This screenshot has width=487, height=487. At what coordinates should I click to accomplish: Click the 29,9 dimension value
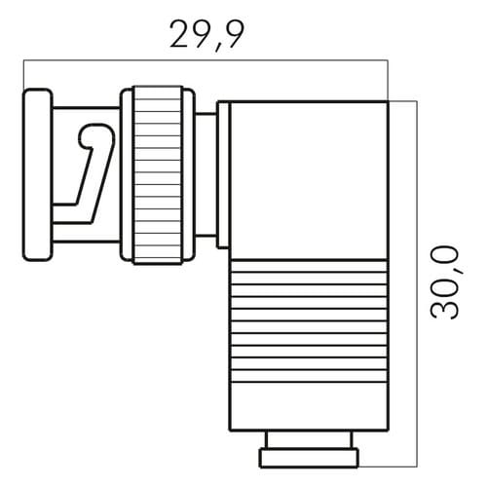pyautogui.click(x=206, y=35)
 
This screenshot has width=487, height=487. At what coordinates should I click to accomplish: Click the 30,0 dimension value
pyautogui.click(x=444, y=281)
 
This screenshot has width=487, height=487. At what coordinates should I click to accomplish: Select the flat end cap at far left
pyautogui.click(x=37, y=174)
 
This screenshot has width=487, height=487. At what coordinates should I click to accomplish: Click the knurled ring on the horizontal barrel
pyautogui.click(x=158, y=175)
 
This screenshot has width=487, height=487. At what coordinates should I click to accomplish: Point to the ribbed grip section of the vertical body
pyautogui.click(x=309, y=321)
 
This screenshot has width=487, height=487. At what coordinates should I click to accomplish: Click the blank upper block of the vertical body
pyautogui.click(x=309, y=181)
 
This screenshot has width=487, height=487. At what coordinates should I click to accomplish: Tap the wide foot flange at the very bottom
pyautogui.click(x=309, y=458)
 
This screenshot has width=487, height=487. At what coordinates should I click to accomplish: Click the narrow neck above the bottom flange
pyautogui.click(x=309, y=440)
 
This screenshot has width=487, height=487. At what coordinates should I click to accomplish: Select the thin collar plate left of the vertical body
pyautogui.click(x=223, y=175)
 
